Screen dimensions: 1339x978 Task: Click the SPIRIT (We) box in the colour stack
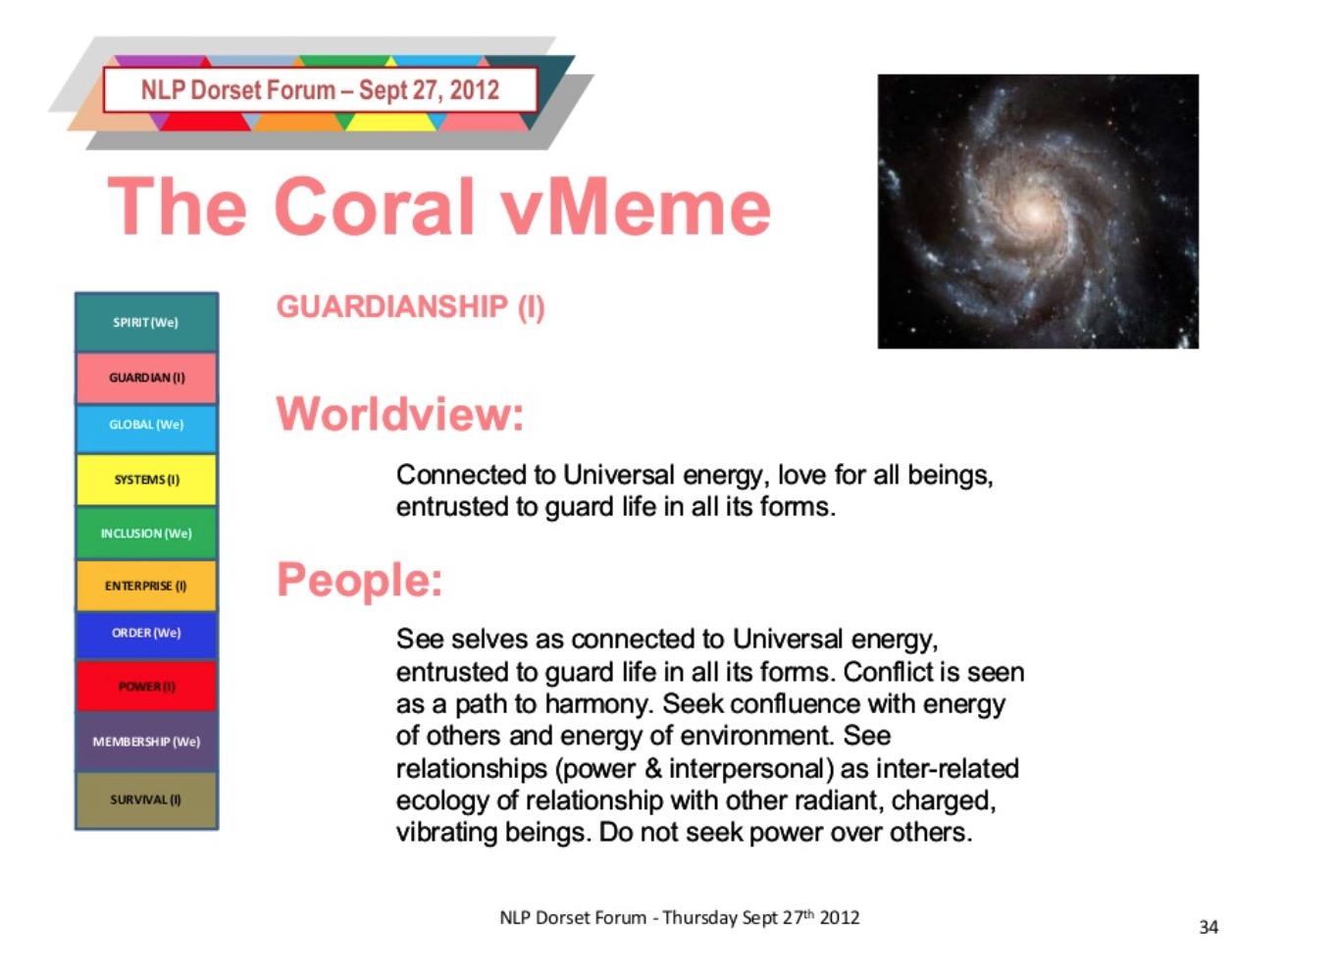[146, 322]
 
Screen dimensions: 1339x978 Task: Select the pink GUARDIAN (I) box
[146, 378]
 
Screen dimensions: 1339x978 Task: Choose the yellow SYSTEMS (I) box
[146, 480]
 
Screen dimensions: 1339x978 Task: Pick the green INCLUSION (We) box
[146, 533]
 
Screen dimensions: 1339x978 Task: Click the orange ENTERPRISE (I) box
[146, 586]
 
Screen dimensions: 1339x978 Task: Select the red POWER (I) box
[146, 686]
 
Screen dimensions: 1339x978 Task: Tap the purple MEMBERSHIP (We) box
[146, 742]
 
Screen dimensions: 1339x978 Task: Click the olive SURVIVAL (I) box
[146, 800]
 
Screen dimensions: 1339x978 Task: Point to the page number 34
[1209, 927]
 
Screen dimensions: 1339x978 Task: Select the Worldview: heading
[400, 414]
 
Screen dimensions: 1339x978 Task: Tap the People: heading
[360, 581]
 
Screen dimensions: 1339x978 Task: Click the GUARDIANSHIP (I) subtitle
[411, 308]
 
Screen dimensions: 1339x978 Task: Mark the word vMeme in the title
[638, 206]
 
